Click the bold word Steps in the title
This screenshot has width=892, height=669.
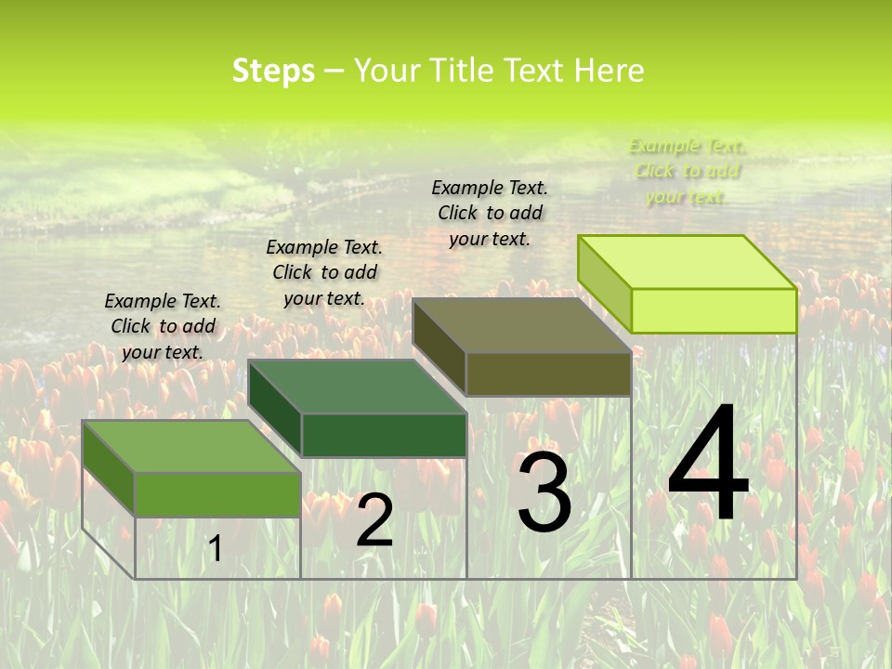(273, 71)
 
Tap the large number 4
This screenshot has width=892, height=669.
(708, 465)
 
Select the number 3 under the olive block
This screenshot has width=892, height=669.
(544, 493)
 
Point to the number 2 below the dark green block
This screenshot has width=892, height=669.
(374, 521)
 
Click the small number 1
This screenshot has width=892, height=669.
(215, 548)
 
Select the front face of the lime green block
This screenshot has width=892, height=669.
(714, 310)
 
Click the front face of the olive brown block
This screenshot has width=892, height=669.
(548, 374)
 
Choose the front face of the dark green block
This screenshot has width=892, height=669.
(384, 435)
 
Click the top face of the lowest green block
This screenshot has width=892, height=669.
(191, 446)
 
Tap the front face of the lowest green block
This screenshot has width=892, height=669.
(217, 494)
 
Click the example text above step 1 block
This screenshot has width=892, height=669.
(163, 326)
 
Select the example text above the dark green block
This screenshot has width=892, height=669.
(324, 272)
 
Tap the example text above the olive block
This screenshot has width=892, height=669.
(490, 213)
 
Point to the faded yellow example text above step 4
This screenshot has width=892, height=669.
(687, 171)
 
